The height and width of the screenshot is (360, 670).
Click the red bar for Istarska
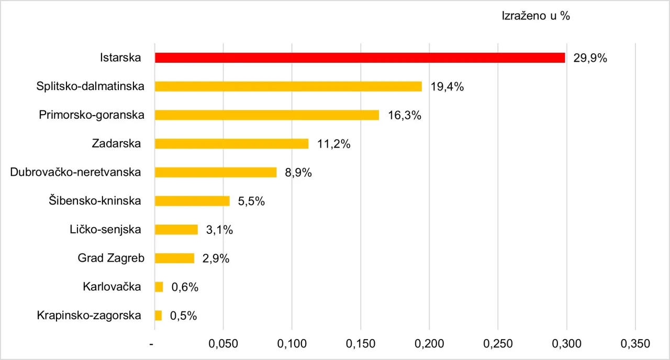[x=360, y=58]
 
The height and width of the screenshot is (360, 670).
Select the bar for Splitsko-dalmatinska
[x=288, y=86]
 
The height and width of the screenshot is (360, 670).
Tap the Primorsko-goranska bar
[x=266, y=115]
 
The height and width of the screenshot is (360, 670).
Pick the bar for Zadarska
[x=231, y=143]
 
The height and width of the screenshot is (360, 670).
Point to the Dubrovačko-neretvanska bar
[x=216, y=172]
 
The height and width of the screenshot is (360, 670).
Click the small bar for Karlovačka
[x=159, y=287]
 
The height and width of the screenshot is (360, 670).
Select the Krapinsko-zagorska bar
[x=159, y=316]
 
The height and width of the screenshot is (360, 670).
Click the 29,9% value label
[x=590, y=58]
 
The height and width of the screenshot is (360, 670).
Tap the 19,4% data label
[x=447, y=87]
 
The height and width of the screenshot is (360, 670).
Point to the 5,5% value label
[x=251, y=201]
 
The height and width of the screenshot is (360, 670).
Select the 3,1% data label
[x=219, y=230]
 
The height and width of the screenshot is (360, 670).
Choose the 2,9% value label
[x=216, y=258]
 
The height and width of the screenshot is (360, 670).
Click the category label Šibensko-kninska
[x=99, y=200]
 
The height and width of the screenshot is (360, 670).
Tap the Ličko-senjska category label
[x=105, y=229]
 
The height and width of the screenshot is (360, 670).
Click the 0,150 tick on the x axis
[x=361, y=344]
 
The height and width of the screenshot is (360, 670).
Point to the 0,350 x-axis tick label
[x=635, y=344]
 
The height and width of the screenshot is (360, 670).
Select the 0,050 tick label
[x=224, y=344]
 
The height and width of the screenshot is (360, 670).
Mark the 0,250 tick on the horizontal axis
[x=498, y=344]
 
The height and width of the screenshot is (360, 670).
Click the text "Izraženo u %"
[x=535, y=16]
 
